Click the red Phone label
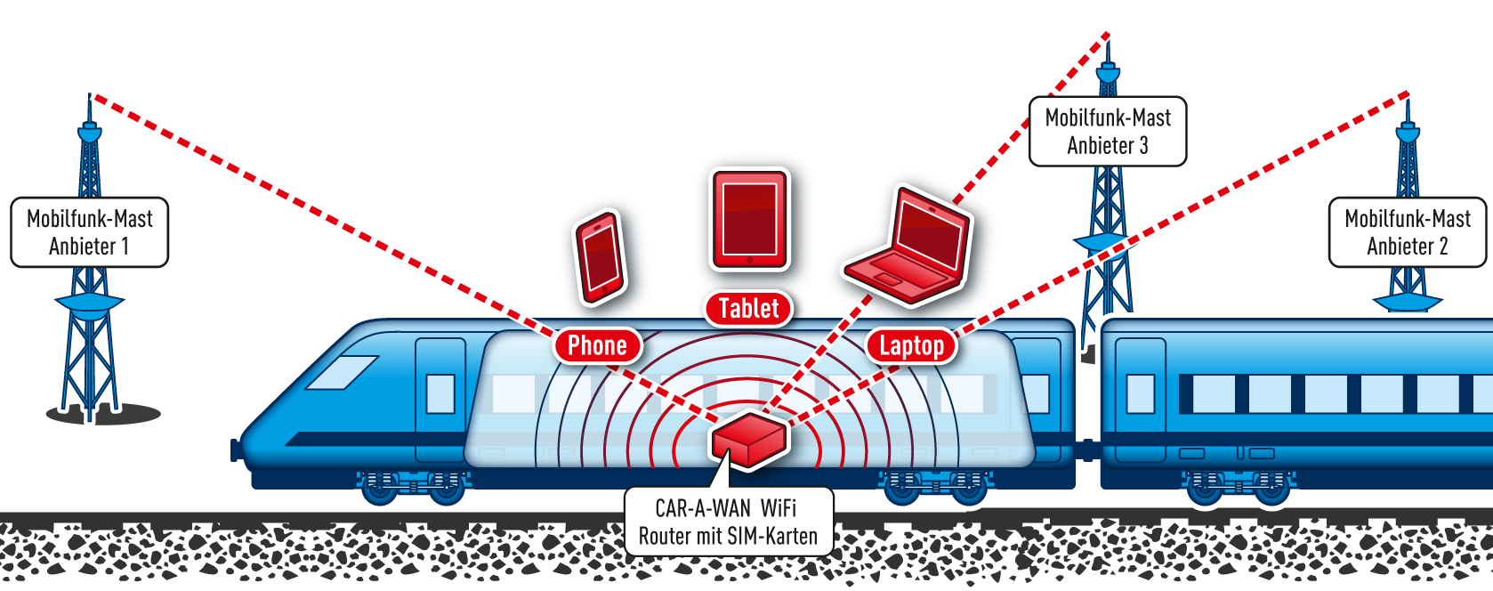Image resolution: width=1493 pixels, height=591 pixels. click(597, 345)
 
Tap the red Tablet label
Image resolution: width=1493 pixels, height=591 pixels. click(748, 309)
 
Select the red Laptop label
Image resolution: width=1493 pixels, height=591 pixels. click(911, 345)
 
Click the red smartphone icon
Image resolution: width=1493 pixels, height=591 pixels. click(599, 256)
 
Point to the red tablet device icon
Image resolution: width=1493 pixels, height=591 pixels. click(749, 219)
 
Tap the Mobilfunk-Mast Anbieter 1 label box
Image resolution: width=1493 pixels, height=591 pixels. click(90, 232)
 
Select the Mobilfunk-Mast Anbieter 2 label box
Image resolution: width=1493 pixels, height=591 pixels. click(1408, 232)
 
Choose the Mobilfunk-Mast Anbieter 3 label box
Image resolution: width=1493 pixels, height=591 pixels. click(1108, 132)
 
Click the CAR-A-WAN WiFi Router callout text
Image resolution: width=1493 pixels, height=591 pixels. click(728, 522)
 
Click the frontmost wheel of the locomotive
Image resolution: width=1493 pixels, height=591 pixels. click(381, 491)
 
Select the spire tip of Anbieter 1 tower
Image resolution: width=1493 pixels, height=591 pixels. click(89, 93)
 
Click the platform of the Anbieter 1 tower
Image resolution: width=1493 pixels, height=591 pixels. click(89, 303)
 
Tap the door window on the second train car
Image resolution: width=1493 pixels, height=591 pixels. click(1141, 393)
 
